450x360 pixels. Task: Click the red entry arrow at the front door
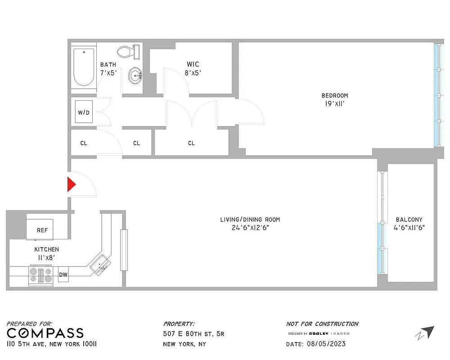pyautogui.click(x=71, y=184)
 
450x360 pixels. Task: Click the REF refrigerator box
pyautogui.click(x=42, y=230)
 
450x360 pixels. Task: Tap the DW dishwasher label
pyautogui.click(x=63, y=274)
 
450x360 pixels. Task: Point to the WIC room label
pyautogui.click(x=193, y=64)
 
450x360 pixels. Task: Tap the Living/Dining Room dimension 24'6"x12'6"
pyautogui.click(x=250, y=228)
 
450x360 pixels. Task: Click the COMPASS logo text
pyautogui.click(x=45, y=333)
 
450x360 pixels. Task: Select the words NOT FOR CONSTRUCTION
pyautogui.click(x=322, y=324)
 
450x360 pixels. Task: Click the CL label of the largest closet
pyautogui.click(x=191, y=143)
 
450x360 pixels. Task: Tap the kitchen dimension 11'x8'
pyautogui.click(x=47, y=258)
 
